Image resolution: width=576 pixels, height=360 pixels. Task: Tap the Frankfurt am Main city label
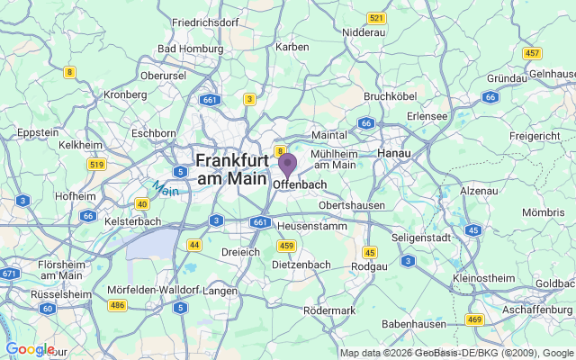(232, 169)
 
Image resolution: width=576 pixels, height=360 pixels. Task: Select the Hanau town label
(393, 153)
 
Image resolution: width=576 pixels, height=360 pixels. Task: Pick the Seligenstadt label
(422, 237)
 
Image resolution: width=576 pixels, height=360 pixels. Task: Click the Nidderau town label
(364, 31)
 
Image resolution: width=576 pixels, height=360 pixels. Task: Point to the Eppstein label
(38, 132)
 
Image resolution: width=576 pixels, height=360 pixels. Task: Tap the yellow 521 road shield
(376, 18)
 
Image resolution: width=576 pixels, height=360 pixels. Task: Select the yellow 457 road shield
(533, 53)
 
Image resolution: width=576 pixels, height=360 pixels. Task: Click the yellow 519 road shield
(97, 165)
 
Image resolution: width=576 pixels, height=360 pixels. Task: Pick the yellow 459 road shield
(287, 246)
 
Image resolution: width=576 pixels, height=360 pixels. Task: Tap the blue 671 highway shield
(10, 273)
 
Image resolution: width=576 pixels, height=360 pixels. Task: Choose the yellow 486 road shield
(117, 306)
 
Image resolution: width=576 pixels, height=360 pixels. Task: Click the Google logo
(29, 349)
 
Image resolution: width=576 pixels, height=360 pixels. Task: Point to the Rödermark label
(330, 310)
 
